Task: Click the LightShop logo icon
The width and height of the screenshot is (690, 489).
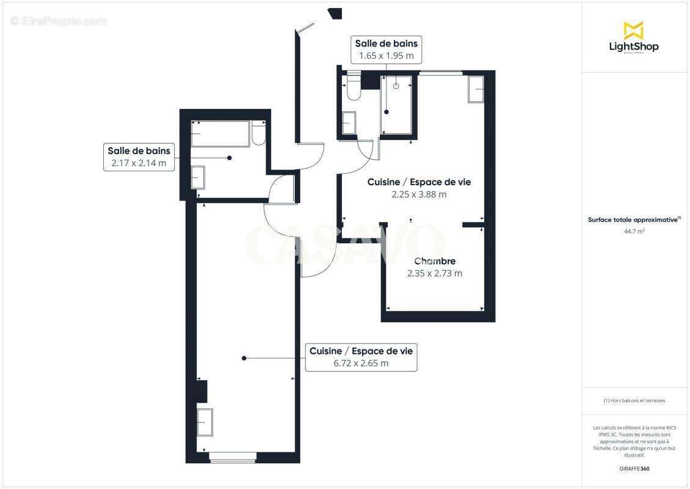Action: click(633, 30)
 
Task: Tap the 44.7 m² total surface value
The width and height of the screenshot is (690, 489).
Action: click(634, 231)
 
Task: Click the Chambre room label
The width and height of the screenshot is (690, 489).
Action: click(434, 262)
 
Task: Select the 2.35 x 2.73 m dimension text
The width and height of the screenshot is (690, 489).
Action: click(434, 273)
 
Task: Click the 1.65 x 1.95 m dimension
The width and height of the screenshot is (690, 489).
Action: click(386, 56)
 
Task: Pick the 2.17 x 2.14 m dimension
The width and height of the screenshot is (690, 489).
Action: click(139, 163)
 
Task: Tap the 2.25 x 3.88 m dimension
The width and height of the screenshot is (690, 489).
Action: click(419, 194)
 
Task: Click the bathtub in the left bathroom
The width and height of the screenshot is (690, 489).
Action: click(220, 134)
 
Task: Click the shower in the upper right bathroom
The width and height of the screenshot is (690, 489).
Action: click(396, 104)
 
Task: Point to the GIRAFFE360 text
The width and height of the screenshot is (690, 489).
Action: click(634, 469)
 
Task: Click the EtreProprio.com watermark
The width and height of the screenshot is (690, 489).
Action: click(59, 21)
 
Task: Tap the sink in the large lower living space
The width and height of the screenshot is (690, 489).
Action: click(205, 422)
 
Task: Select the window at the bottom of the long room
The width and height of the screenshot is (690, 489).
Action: click(232, 456)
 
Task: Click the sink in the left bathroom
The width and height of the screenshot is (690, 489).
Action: click(198, 177)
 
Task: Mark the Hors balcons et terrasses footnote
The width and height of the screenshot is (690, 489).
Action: click(634, 400)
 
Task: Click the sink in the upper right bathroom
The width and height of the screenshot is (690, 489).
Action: click(349, 122)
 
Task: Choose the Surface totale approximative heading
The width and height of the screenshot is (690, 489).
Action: click(633, 219)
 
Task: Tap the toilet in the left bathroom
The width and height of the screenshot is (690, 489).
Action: click(259, 134)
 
